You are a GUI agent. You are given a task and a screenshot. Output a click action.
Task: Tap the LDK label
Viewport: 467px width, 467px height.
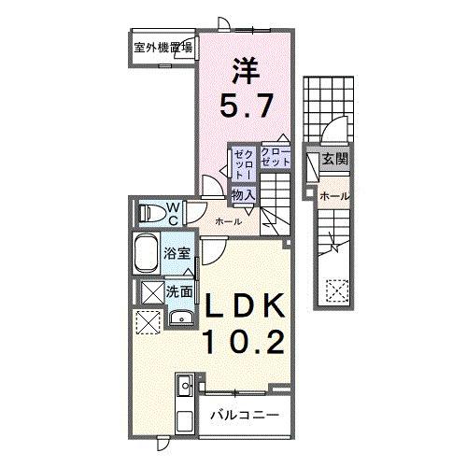pyautogui.click(x=245, y=307)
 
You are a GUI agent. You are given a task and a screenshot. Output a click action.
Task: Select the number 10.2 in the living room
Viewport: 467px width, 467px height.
pyautogui.click(x=245, y=343)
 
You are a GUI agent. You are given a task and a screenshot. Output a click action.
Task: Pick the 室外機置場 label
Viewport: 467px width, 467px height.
pyautogui.click(x=163, y=48)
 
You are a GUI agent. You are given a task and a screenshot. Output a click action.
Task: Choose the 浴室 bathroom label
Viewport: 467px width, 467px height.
pyautogui.click(x=177, y=252)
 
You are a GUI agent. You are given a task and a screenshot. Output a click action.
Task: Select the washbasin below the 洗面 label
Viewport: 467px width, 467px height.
pyautogui.click(x=179, y=316)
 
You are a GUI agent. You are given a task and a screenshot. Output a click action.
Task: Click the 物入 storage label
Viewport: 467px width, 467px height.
pyautogui.click(x=244, y=194)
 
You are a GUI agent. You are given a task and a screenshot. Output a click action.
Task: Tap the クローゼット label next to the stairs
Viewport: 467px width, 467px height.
pyautogui.click(x=276, y=156)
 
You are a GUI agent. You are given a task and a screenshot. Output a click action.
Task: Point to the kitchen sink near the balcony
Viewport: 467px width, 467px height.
pyautogui.click(x=184, y=383)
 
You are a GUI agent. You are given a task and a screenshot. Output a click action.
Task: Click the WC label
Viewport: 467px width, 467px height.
pyautogui.click(x=173, y=214)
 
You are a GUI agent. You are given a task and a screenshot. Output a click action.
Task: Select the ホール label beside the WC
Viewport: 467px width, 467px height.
pyautogui.click(x=229, y=221)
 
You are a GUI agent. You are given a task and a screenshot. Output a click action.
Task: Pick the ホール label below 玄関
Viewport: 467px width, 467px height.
pyautogui.click(x=335, y=196)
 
